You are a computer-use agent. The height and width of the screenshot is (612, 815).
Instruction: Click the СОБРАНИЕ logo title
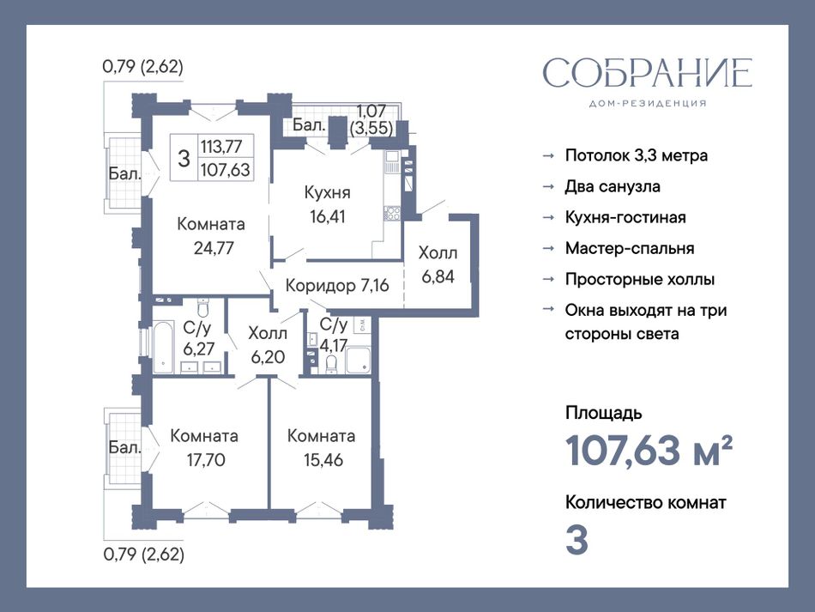tap(648, 73)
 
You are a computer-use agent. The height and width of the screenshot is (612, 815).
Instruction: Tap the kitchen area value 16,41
tap(328, 216)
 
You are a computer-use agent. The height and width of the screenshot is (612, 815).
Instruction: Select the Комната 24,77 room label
tap(212, 236)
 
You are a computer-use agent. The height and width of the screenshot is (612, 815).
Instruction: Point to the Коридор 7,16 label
tap(337, 286)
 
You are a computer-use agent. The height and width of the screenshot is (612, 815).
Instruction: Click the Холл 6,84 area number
tap(438, 276)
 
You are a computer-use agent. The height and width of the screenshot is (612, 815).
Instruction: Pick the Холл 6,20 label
tap(268, 345)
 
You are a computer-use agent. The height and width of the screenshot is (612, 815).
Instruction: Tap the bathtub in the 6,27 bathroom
tap(163, 348)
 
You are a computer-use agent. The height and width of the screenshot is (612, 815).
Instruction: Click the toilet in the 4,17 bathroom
tap(330, 365)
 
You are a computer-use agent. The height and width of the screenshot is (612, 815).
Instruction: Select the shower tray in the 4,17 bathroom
tap(358, 361)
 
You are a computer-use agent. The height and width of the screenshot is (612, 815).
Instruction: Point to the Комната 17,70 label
tap(204, 448)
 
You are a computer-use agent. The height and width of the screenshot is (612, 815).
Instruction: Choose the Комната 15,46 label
tap(322, 448)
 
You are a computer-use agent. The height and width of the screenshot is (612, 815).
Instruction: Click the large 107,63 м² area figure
tap(649, 451)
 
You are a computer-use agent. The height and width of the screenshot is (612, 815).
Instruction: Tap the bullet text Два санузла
tap(613, 186)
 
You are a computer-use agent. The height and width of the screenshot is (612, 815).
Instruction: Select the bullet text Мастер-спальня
tap(630, 249)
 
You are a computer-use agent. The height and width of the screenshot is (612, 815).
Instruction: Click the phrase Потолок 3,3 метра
tap(637, 155)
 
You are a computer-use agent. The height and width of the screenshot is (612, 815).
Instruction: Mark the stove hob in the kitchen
tap(392, 213)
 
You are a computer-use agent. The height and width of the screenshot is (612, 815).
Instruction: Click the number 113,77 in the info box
tap(221, 146)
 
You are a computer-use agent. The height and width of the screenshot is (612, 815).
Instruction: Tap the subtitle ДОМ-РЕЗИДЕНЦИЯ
tap(648, 104)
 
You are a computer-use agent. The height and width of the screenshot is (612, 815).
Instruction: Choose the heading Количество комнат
tap(645, 503)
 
